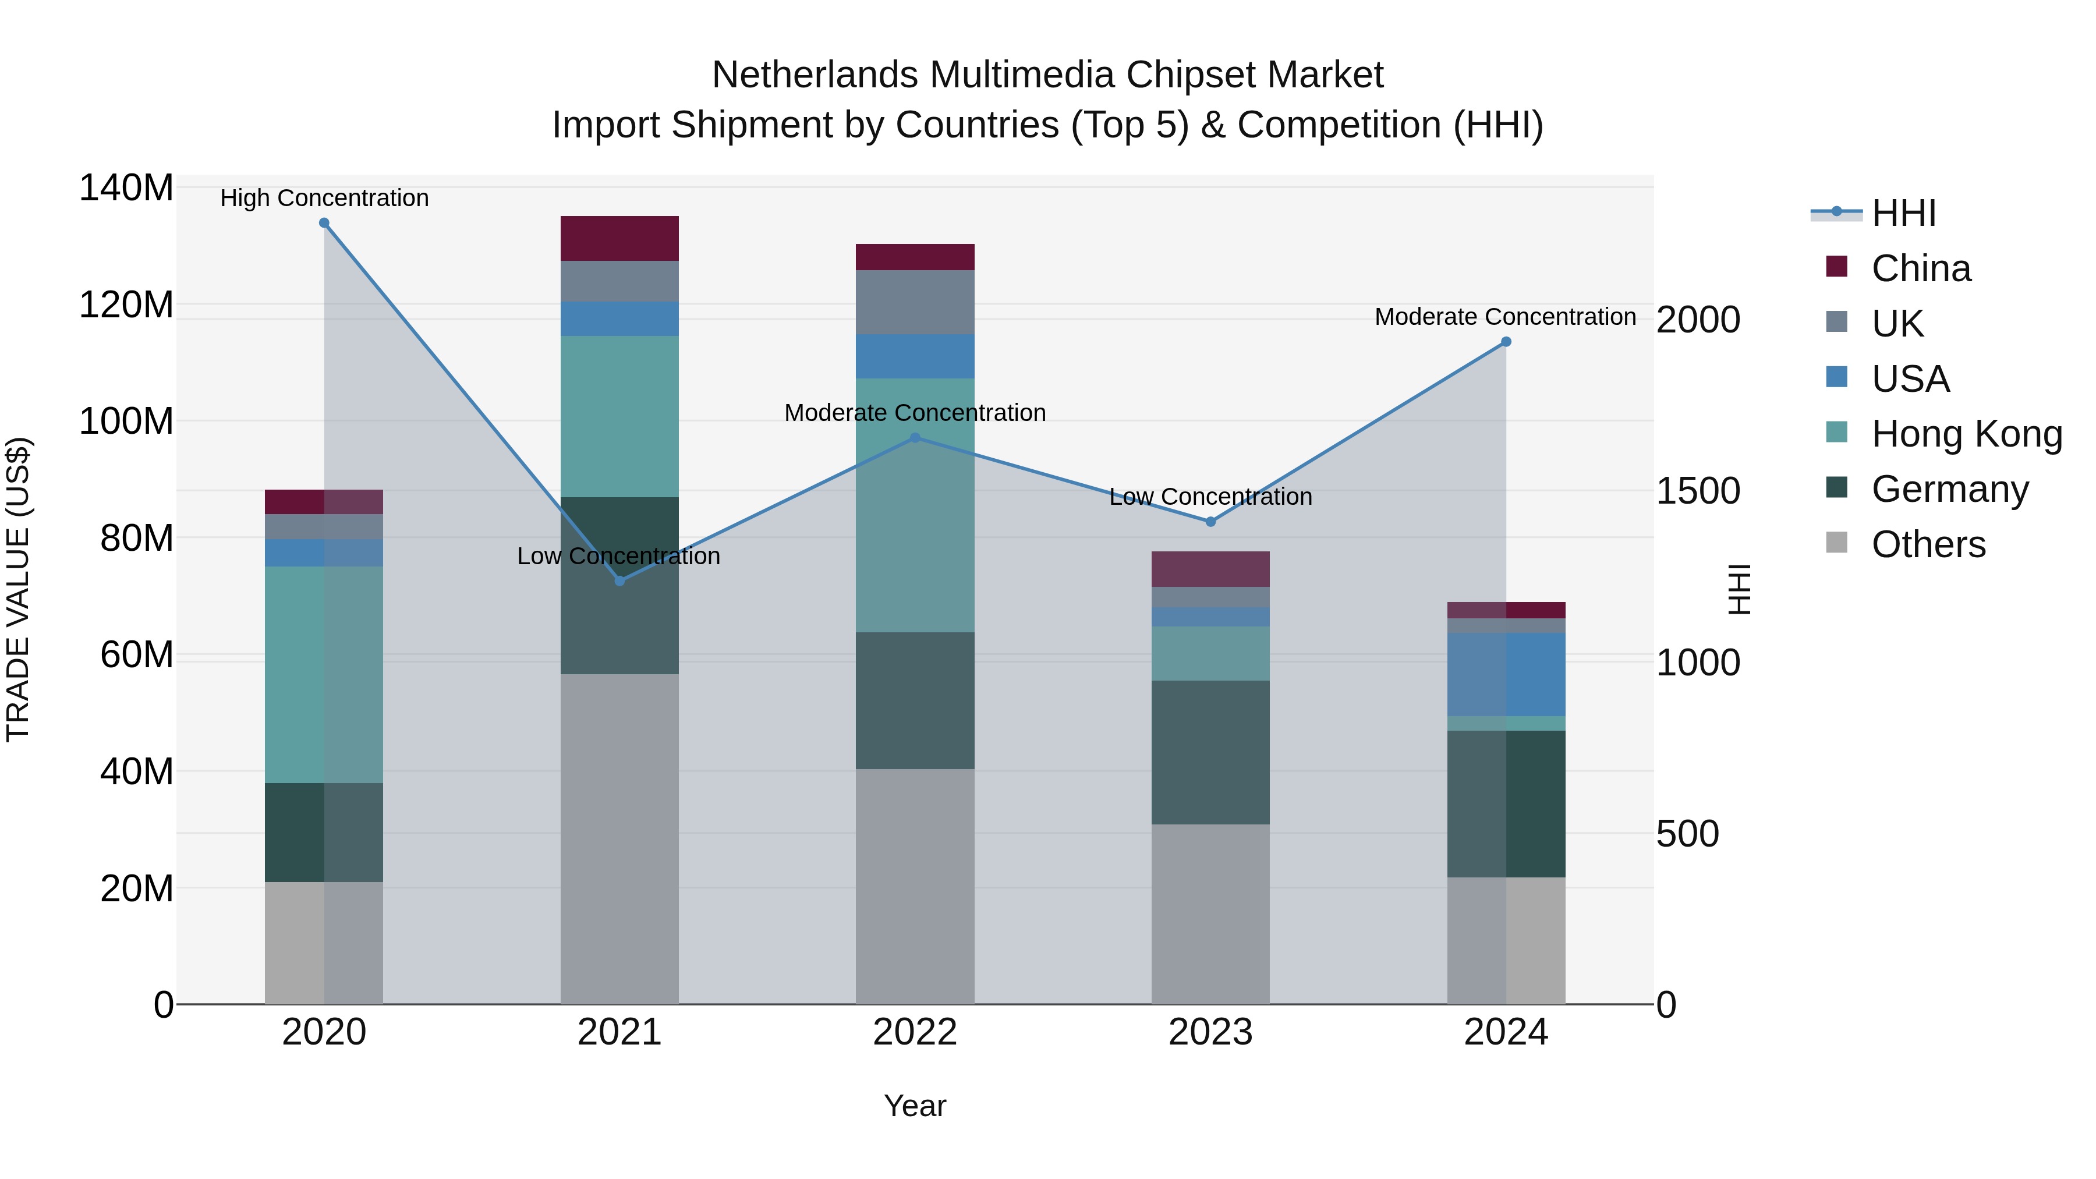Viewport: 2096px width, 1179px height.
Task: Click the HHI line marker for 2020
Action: point(324,223)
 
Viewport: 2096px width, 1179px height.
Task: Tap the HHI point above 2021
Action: point(619,581)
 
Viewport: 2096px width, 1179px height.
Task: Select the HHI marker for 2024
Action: point(1506,342)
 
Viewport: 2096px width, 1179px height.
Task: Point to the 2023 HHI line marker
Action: point(1211,522)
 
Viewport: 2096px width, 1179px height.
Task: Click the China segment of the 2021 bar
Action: point(619,238)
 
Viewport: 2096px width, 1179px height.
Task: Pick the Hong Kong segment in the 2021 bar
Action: point(619,417)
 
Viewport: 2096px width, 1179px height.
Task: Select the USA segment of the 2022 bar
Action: point(915,356)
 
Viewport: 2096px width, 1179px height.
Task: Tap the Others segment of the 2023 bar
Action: point(1211,915)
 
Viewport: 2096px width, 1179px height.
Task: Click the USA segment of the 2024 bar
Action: point(1506,675)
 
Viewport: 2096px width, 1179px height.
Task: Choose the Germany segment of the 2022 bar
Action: point(915,700)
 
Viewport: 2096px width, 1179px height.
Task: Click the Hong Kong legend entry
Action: point(1945,434)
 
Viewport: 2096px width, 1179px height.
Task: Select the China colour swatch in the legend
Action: point(1836,266)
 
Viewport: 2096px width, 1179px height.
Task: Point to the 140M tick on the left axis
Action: point(126,188)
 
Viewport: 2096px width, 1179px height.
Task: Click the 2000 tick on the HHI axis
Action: point(1698,320)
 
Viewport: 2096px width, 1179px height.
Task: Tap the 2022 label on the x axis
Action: point(915,1032)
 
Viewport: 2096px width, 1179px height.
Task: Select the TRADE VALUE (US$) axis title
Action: point(18,589)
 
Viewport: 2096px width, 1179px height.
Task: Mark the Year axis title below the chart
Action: point(915,1106)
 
